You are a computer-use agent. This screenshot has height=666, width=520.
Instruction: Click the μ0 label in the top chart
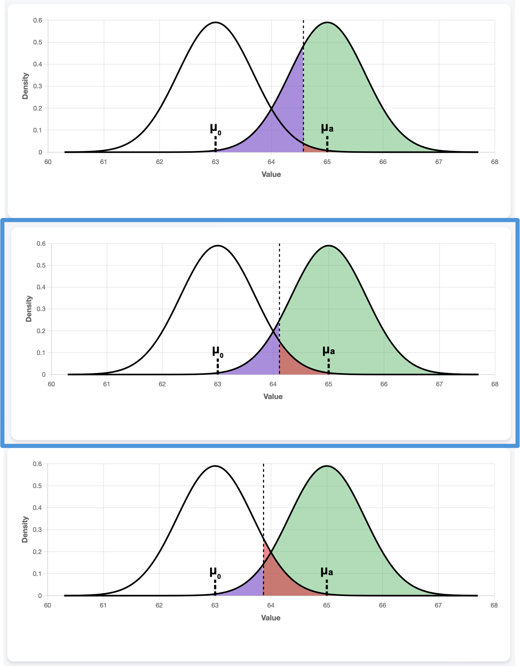point(215,129)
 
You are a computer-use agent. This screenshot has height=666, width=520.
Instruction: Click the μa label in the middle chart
point(329,351)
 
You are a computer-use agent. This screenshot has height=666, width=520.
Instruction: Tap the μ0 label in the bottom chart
point(215,573)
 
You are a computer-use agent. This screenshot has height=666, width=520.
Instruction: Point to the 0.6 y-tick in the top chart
point(38,20)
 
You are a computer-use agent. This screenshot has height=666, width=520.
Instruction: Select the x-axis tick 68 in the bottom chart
point(494,605)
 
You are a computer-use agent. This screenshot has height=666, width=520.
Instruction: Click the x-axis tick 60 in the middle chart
point(51,384)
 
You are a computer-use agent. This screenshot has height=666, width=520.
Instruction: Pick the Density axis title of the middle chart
point(29,309)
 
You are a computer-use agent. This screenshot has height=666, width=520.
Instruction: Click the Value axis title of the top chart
point(271,175)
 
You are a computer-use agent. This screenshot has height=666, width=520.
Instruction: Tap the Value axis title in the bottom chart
point(271,618)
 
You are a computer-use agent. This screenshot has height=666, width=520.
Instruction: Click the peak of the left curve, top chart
point(216,22)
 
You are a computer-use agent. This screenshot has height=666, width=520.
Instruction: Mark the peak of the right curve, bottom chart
point(327,466)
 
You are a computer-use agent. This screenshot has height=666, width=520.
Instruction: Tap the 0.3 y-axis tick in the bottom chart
point(37,530)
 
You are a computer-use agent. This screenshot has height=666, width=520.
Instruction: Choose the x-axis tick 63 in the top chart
point(215,162)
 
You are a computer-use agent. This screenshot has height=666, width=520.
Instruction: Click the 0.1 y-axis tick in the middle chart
point(41,353)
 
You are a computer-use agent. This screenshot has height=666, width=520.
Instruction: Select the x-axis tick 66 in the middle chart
point(384,384)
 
